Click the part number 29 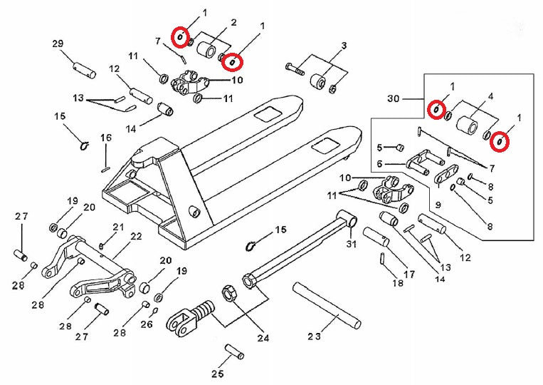coord(58,43)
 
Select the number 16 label coord(106,138)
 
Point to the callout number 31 coord(350,246)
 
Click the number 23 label coord(315,335)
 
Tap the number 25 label coord(218,373)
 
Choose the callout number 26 coord(147,324)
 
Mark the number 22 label coord(136,237)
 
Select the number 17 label coord(408,273)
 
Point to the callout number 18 coord(397,283)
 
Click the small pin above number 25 coord(234,352)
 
